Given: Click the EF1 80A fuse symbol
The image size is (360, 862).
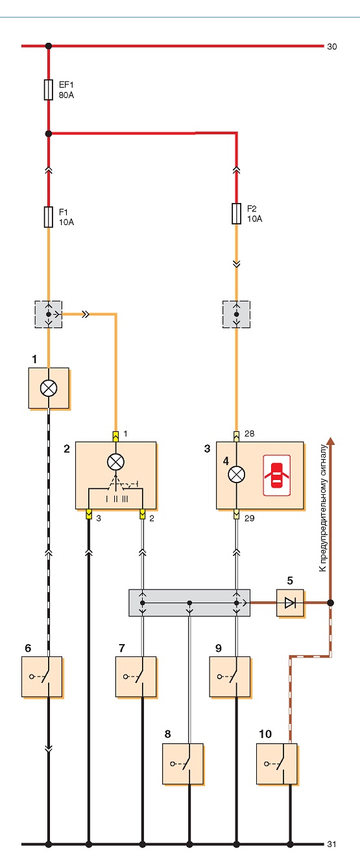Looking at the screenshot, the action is tap(48, 90).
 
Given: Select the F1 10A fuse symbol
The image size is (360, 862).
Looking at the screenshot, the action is tap(48, 217).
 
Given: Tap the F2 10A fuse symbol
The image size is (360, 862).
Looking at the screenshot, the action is tap(236, 213).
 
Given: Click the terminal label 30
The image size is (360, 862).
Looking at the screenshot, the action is tap(332, 47).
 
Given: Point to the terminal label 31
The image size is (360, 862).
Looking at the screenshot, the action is tap(332, 844).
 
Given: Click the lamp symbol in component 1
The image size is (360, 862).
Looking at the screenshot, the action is tap(49, 388).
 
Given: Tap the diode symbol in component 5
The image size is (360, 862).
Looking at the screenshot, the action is tap(290, 603).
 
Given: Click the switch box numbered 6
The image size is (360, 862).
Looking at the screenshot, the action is tap(42, 677).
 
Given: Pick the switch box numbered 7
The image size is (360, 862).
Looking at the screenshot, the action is tap(136, 677).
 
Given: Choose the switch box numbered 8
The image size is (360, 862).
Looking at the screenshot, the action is tap(183, 763).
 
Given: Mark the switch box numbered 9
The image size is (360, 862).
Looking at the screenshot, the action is tap(230, 677).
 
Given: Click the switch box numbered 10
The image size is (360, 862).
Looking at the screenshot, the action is tap(277, 763).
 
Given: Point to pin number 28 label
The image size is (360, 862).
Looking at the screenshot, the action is tap(250, 434).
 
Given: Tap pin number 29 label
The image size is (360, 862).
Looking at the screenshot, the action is tap(250, 518).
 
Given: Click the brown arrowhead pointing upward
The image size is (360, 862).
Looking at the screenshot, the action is tap(330, 441).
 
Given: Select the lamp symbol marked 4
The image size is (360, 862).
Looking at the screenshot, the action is tap(236, 475).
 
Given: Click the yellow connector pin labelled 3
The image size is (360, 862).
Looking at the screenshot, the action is tap(89, 514).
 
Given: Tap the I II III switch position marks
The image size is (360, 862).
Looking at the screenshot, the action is tap(117, 499).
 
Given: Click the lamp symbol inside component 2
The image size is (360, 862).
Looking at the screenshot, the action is tap(115, 462).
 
